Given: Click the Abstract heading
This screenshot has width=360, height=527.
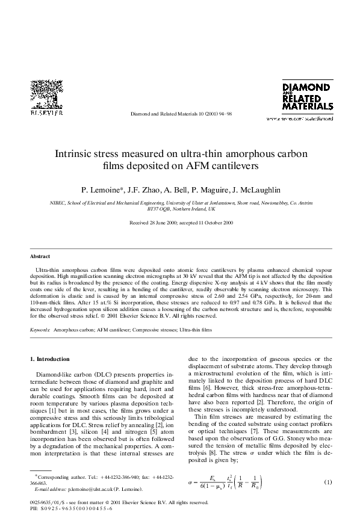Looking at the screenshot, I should [x=40, y=256].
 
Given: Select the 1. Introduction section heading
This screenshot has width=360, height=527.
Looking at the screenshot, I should [x=50, y=359].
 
